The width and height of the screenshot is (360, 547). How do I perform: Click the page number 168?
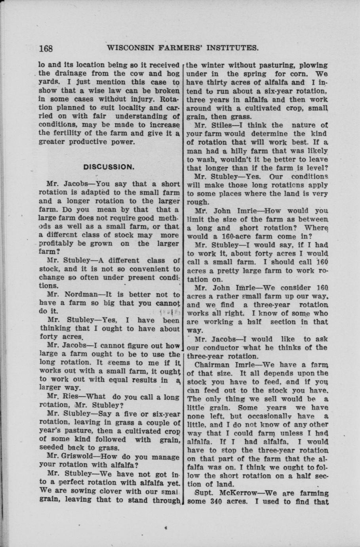click(x=46, y=48)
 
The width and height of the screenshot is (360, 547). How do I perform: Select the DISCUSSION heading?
click(x=109, y=167)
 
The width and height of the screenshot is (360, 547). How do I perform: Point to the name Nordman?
click(x=78, y=295)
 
